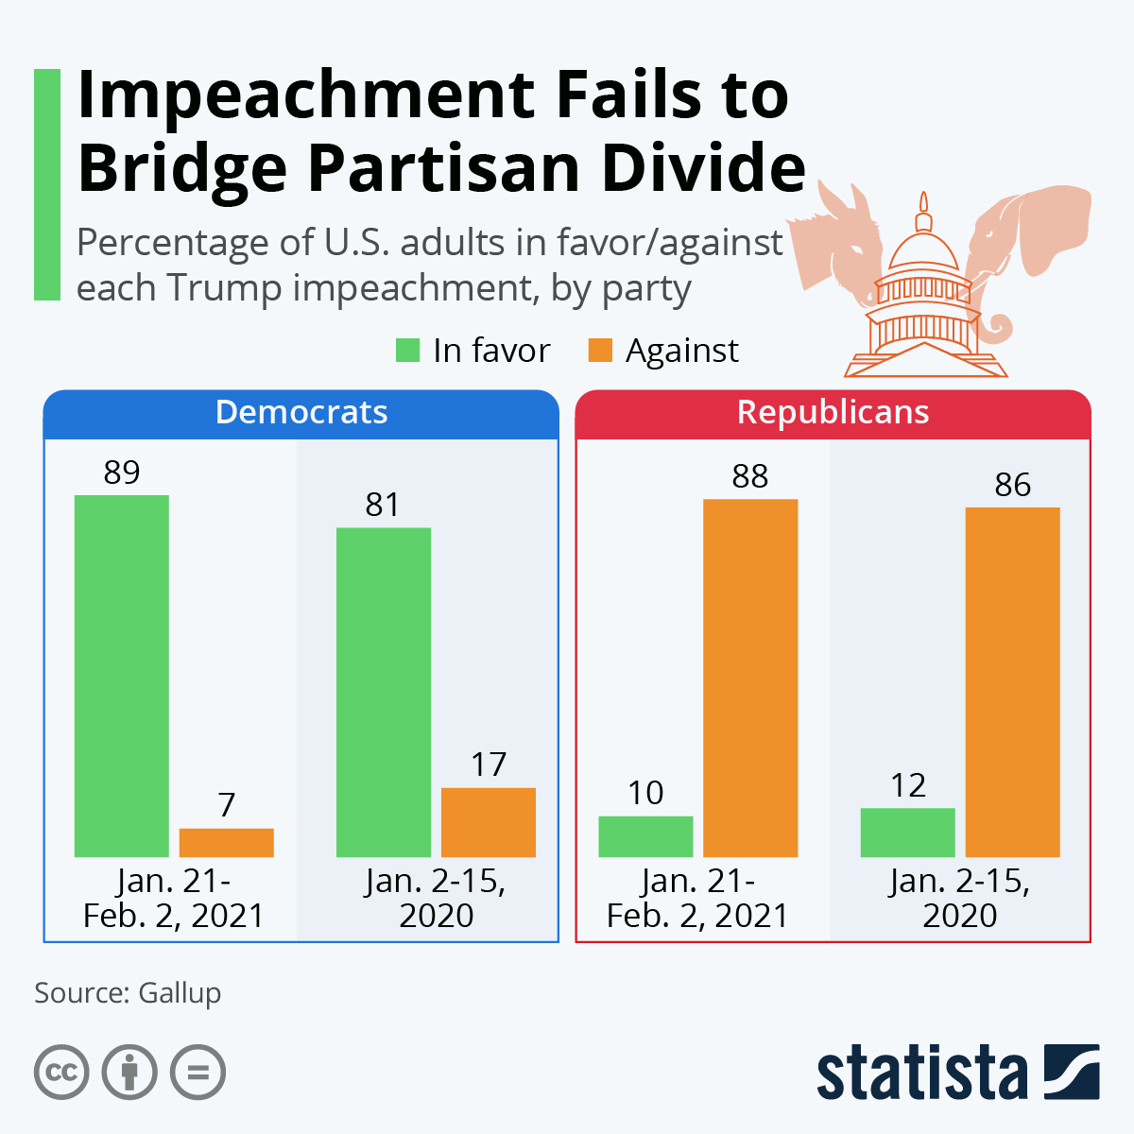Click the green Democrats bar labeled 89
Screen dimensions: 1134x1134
pos(122,676)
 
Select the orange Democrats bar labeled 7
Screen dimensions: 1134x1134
pos(226,843)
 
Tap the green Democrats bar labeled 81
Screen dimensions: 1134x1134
pos(384,692)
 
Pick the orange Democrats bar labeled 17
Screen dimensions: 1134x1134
pos(489,822)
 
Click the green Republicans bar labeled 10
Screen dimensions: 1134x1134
pos(645,836)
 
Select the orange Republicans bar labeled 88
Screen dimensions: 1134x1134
pos(750,678)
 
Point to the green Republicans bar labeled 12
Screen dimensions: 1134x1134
pos(907,833)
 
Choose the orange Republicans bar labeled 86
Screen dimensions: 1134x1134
pos(1012,682)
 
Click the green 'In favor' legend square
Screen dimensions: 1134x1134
pos(407,351)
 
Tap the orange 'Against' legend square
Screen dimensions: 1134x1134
pos(600,351)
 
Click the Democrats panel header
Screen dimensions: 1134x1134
pos(301,413)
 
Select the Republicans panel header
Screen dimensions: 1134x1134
pos(833,413)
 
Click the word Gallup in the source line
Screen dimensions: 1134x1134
pos(180,993)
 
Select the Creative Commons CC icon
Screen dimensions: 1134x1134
pos(61,1073)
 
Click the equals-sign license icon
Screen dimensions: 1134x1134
pos(198,1073)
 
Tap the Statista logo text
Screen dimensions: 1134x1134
pos(921,1073)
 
